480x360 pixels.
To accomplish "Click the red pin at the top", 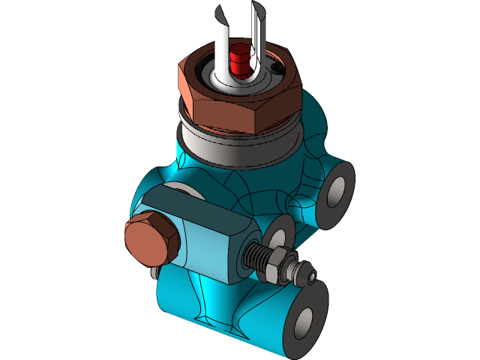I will point(240,58).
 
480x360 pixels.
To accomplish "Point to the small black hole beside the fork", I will point(278,71).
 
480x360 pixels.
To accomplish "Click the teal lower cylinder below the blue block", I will point(217,307).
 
